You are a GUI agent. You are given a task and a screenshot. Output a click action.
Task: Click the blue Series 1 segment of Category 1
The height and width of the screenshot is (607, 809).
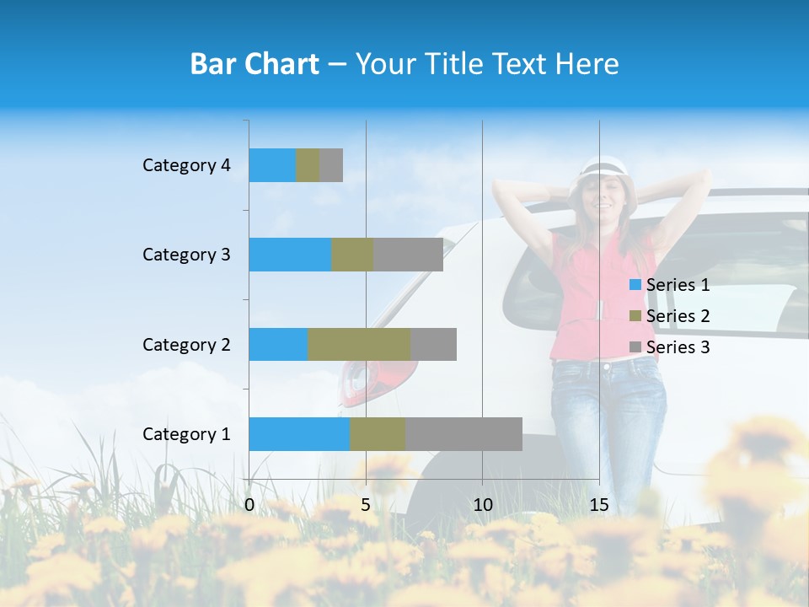299,434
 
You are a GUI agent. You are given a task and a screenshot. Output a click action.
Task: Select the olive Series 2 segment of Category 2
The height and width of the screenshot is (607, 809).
359,344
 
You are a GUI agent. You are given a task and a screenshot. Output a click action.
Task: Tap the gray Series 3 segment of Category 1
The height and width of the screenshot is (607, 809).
463,434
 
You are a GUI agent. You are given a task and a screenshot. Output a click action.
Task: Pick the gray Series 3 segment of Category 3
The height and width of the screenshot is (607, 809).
408,255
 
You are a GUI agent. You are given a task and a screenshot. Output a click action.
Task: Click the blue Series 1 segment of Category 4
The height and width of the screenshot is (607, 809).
272,165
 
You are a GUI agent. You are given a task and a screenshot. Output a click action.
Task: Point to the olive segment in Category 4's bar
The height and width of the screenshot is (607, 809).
308,165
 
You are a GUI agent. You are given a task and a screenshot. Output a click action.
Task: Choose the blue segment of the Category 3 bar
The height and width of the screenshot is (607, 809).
290,255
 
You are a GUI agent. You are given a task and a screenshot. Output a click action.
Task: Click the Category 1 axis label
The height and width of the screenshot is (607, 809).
186,434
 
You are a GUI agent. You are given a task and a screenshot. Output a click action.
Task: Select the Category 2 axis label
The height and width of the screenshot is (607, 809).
186,345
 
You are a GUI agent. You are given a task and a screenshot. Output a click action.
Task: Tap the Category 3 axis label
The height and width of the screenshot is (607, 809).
186,255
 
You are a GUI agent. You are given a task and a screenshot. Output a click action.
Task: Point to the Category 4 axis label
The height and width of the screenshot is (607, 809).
186,165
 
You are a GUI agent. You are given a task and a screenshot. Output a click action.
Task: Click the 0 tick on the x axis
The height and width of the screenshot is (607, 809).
249,505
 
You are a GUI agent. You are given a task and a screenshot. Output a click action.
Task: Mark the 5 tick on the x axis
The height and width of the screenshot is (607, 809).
366,505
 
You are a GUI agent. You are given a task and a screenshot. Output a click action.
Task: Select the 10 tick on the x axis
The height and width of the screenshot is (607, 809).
482,505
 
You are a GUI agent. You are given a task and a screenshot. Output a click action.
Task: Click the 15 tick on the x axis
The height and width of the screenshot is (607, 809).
599,505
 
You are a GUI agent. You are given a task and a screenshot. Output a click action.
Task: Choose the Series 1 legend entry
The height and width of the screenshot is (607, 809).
670,285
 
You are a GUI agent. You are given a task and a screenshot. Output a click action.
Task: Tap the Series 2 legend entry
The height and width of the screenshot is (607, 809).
670,316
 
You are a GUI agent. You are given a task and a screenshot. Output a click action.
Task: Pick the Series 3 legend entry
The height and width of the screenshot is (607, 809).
670,347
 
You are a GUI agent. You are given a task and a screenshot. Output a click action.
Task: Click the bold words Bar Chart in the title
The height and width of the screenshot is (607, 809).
254,64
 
